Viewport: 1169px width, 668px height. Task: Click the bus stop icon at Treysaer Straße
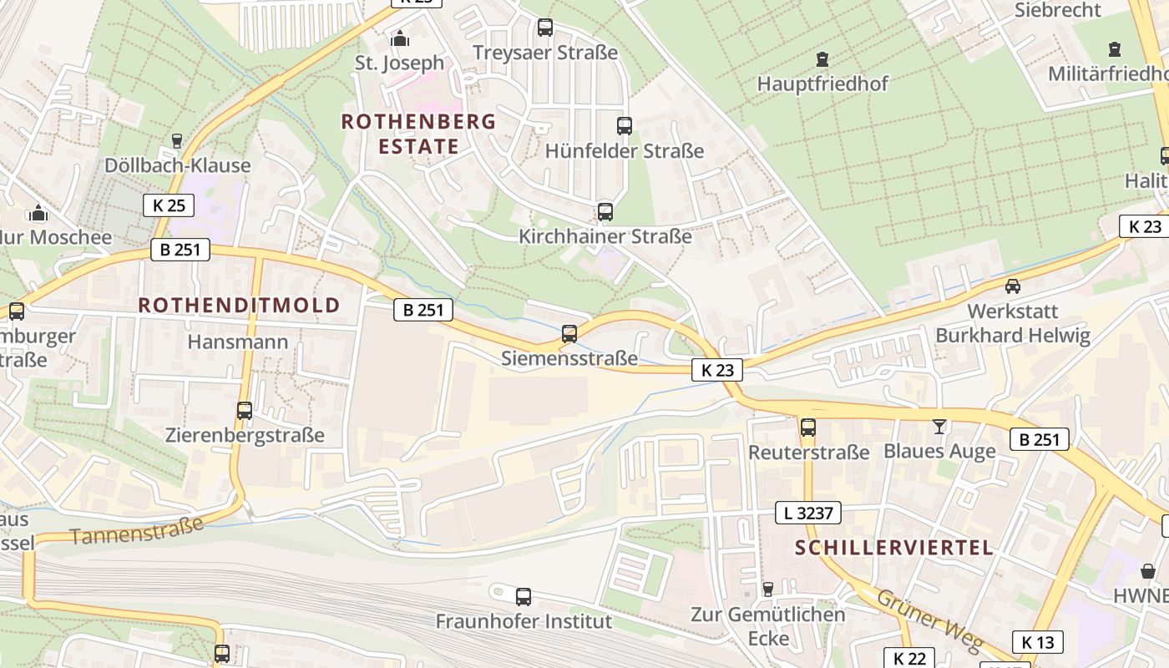coord(545,27)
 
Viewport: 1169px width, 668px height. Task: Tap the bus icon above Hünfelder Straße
coord(625,126)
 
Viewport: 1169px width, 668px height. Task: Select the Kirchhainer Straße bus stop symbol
coord(605,212)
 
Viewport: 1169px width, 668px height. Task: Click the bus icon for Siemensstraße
coord(569,334)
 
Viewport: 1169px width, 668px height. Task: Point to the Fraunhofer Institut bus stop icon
coord(524,596)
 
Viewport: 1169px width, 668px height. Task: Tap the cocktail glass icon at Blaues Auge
coord(939,427)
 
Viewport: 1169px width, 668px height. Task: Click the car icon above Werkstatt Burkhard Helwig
coord(1012,286)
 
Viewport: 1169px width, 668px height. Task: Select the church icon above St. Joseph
coord(400,38)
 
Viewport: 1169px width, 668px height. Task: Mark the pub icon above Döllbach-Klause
coord(177,140)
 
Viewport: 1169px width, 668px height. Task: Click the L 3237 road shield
coord(807,513)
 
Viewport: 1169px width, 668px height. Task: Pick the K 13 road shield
coord(1038,641)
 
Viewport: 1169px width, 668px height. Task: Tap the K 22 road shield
coord(909,658)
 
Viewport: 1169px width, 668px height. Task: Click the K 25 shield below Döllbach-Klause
coord(169,205)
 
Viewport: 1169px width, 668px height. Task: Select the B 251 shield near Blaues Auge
coord(1039,439)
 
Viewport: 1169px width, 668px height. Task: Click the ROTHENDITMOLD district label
coord(239,305)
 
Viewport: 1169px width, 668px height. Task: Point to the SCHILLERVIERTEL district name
coord(894,548)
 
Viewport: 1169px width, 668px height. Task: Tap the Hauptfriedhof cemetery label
coord(822,83)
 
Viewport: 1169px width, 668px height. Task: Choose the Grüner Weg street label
coord(927,620)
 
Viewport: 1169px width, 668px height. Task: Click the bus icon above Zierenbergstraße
coord(245,411)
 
